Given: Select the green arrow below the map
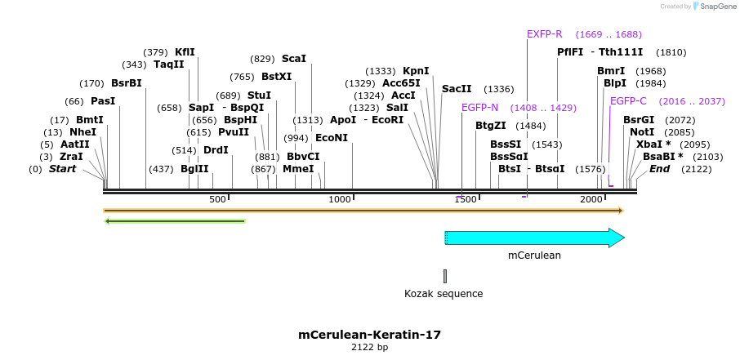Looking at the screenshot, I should (x=175, y=220).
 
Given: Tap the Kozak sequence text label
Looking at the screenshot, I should (x=444, y=294).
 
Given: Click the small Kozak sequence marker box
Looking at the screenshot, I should (x=445, y=276).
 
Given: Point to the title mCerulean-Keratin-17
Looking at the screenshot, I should (x=369, y=335).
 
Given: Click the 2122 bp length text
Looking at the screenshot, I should (x=369, y=348).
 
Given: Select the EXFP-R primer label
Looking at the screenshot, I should (x=544, y=34).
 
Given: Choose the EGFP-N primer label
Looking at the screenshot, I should (x=479, y=108).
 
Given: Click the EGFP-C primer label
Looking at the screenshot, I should (x=628, y=101).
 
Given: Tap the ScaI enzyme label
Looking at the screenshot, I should (x=294, y=59).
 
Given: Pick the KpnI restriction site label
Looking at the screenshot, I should (x=416, y=71).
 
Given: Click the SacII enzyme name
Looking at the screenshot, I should (x=457, y=89).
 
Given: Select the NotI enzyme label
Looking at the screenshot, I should (x=642, y=132).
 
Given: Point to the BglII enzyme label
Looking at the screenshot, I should (x=194, y=169).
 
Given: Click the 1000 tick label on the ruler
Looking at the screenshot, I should (x=339, y=200).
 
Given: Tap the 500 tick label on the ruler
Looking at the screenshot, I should (x=217, y=200).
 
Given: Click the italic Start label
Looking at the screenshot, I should (x=65, y=169).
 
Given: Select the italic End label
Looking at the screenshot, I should (x=659, y=169).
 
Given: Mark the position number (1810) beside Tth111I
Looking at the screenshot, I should (x=671, y=52).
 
